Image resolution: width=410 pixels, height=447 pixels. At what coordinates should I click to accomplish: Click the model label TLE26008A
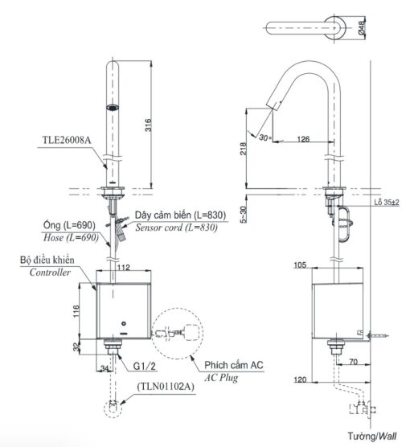[x=67, y=140]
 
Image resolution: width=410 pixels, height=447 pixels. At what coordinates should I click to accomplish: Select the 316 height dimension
[x=148, y=125]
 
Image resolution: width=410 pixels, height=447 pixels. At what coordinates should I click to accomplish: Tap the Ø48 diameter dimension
[x=362, y=28]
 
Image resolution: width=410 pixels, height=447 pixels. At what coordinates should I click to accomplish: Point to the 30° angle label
[x=264, y=137]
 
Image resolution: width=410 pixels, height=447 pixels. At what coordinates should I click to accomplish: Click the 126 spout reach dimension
[x=303, y=139]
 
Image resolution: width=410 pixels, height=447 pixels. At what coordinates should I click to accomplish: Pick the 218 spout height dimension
[x=244, y=149]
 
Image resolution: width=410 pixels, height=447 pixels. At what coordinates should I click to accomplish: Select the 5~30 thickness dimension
[x=244, y=215]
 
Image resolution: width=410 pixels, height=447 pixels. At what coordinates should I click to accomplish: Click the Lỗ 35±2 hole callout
[x=387, y=203]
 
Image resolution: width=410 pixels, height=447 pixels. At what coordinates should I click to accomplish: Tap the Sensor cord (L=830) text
[x=176, y=228]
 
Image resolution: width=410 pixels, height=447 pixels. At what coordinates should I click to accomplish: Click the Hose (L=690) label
[x=71, y=237]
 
